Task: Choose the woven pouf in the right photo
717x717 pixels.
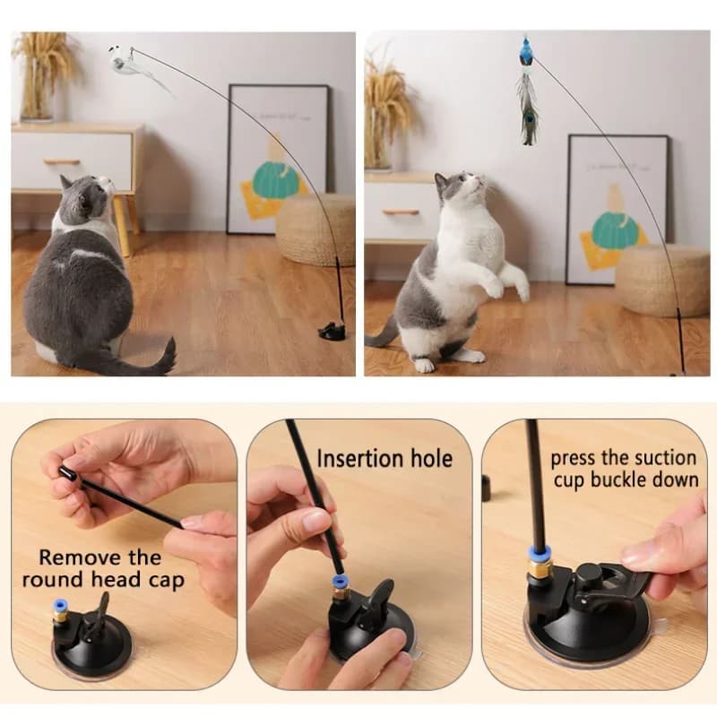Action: pyautogui.click(x=661, y=280)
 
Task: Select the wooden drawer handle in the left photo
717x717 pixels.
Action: pyautogui.click(x=62, y=162)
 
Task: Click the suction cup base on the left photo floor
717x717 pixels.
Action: pyautogui.click(x=333, y=332)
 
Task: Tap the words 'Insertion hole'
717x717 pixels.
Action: pyautogui.click(x=384, y=459)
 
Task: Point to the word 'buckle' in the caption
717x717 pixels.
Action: pyautogui.click(x=616, y=480)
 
